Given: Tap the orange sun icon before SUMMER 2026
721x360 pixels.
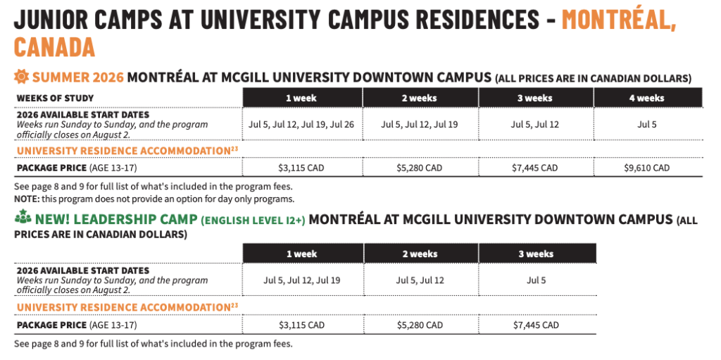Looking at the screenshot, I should coord(21,77).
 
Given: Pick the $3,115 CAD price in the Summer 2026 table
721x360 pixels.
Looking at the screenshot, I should coord(301,168).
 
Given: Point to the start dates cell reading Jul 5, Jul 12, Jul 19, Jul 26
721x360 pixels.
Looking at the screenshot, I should coord(301,124).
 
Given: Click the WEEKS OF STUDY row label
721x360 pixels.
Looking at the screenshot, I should coord(55,98).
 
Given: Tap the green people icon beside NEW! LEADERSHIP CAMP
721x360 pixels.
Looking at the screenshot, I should coord(22,219).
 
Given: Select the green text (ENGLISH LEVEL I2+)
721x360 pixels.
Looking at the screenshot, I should coord(253,220).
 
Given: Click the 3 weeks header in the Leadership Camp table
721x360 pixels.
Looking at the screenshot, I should coord(536,254).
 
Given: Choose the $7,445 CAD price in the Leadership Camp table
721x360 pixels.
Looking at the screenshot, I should coord(536,325).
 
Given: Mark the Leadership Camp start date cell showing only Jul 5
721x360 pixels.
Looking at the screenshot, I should coord(536,280).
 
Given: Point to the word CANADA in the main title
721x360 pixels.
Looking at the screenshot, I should coord(54,46).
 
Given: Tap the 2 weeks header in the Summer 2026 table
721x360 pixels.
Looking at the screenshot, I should coord(419,98).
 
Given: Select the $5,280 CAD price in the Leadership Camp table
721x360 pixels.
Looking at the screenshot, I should coord(419,325).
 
